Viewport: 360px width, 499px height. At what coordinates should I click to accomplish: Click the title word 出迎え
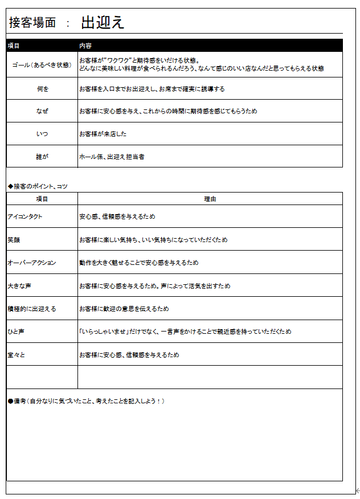pos(103,23)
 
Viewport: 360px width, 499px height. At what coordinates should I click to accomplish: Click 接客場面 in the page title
pos(32,23)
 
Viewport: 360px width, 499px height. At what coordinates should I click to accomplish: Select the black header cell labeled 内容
pos(85,46)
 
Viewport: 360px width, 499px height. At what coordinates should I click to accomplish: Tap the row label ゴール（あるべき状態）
pos(42,65)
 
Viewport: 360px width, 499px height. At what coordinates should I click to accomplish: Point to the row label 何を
pos(42,89)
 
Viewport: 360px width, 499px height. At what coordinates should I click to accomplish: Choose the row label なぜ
pos(42,111)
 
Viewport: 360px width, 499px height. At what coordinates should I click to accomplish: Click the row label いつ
pos(42,134)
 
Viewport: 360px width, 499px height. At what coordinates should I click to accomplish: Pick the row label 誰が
pos(42,156)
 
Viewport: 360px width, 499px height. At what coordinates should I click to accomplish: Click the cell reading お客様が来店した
pos(103,134)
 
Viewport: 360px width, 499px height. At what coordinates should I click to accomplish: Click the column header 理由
pos(210,199)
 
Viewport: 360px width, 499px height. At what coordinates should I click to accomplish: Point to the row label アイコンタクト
pos(25,216)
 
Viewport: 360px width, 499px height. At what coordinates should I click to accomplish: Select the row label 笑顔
pos(14,240)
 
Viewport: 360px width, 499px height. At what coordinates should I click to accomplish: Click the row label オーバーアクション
pos(32,263)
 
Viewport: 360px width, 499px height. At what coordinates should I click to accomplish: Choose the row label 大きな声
pos(19,286)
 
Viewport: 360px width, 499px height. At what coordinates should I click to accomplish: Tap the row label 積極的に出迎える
pos(32,309)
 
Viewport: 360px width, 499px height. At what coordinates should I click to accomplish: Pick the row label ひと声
pos(16,332)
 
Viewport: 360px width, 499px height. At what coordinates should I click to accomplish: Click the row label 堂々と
pos(16,355)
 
